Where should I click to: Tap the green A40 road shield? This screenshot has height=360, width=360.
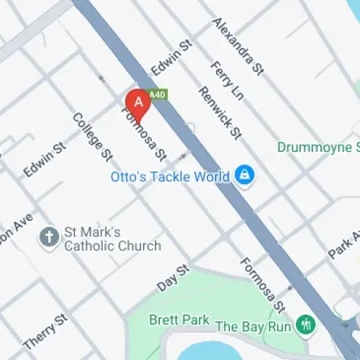coord(157,94)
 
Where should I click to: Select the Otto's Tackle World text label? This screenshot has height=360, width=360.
coord(170,175)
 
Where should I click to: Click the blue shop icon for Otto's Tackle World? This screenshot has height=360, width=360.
coord(245,175)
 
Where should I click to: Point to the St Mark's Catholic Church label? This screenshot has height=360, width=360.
coord(112,239)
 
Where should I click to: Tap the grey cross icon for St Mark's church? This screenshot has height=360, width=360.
coord(50,238)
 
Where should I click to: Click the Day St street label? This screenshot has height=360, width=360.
coord(173,277)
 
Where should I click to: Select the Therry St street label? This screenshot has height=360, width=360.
coord(45,330)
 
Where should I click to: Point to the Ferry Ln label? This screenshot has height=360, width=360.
coord(228,80)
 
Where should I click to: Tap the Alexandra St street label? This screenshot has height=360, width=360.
coord(237,46)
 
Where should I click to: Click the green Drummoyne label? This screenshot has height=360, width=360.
coord(318,148)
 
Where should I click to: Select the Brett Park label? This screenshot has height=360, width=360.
coord(179,320)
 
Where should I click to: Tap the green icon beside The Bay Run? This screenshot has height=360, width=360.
coord(307,325)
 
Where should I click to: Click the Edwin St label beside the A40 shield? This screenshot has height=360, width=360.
coord(172,58)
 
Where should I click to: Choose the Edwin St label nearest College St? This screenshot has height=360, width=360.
coord(45,159)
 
